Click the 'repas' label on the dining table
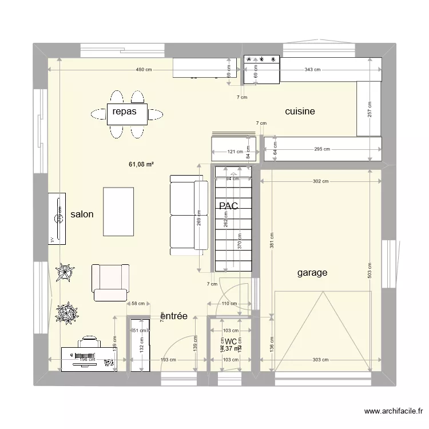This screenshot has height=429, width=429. point(124,112)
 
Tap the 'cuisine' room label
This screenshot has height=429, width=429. point(300,112)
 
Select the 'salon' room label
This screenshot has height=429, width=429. point(82,214)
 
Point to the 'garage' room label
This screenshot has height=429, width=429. point(312,273)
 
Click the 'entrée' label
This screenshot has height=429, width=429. point(174,316)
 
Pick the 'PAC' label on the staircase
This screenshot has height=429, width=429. point(228,205)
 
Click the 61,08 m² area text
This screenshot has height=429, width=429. point(141,165)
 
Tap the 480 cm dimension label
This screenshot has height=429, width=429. point(144,70)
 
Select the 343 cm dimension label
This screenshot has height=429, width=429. point(312,70)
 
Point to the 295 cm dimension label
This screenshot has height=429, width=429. point(322,150)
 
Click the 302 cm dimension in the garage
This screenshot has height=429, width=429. point(321,182)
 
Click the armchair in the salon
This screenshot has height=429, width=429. point(110,282)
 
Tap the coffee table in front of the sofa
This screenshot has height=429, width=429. point(118,211)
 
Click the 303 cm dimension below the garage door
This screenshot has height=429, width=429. point(321,360)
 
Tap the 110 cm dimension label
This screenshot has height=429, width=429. point(229,304)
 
